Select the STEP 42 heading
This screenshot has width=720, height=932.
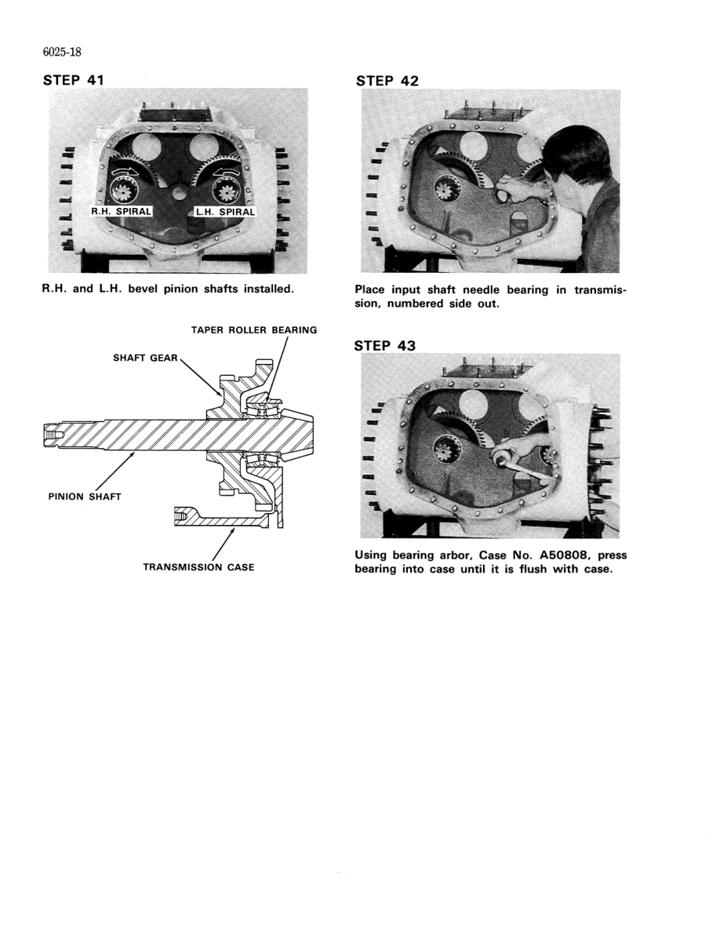click(x=387, y=81)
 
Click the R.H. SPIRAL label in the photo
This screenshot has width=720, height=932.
click(x=125, y=211)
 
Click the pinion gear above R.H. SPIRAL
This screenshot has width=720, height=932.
click(x=122, y=190)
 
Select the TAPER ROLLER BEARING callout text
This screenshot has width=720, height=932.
click(x=254, y=330)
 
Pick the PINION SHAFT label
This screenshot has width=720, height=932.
click(x=82, y=496)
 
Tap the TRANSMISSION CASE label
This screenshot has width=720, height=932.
click(x=198, y=567)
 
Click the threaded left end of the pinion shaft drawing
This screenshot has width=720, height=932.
click(x=53, y=433)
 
